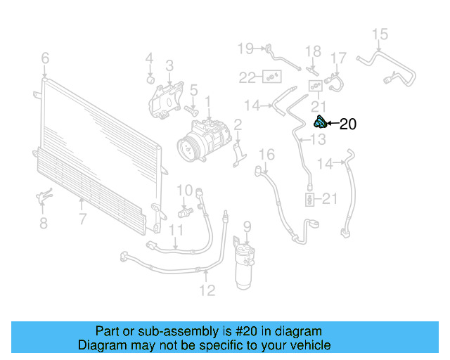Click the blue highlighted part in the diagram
(319, 123)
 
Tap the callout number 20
(348, 125)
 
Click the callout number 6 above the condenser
(45, 58)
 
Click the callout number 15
(380, 34)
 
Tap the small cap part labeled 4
(150, 78)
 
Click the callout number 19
(245, 49)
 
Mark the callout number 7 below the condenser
(82, 219)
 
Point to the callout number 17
(339, 58)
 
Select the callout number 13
(319, 141)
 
